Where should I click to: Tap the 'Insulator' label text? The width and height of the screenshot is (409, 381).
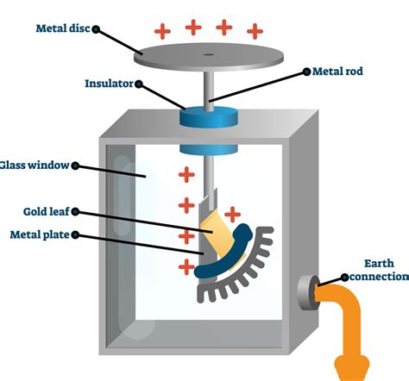(x=107, y=84)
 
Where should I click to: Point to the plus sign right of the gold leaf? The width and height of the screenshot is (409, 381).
(x=232, y=213)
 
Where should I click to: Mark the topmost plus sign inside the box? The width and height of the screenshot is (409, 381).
(x=186, y=176)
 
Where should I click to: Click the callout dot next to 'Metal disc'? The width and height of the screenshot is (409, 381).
(x=97, y=28)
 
